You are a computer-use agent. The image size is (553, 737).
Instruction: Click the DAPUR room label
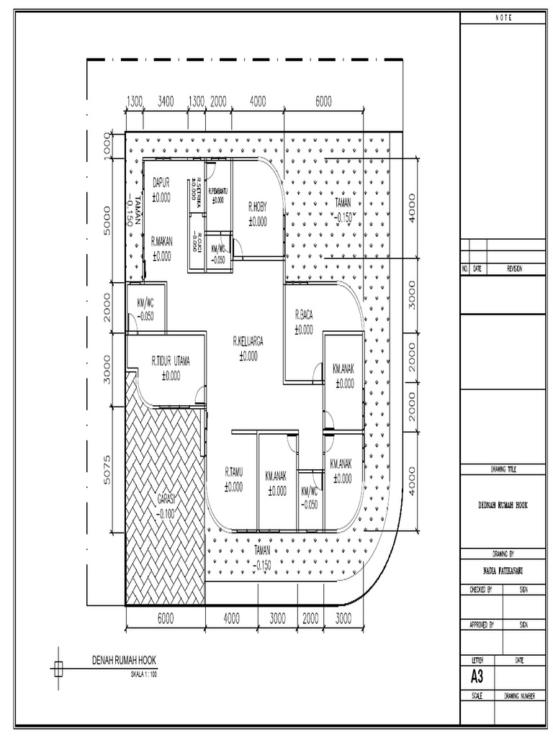click(161, 184)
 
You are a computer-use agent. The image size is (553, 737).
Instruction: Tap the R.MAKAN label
click(161, 243)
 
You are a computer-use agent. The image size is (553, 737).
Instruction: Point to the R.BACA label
click(303, 315)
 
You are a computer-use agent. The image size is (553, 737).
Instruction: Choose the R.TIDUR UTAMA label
click(171, 361)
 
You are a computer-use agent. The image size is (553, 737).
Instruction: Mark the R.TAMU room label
click(233, 472)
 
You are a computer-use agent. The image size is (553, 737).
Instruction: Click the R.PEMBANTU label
click(219, 191)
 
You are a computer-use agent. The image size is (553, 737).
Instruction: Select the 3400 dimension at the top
click(166, 101)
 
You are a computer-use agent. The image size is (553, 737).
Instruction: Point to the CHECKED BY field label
click(480, 589)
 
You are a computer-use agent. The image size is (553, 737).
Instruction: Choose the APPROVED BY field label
click(481, 625)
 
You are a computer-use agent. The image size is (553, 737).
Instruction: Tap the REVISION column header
click(514, 268)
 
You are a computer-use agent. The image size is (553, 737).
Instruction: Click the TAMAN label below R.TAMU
click(262, 549)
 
